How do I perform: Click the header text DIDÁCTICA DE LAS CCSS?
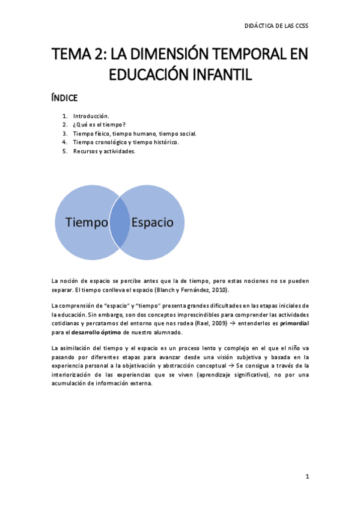276,26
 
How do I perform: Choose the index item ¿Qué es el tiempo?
99,124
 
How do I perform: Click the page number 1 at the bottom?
307,476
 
